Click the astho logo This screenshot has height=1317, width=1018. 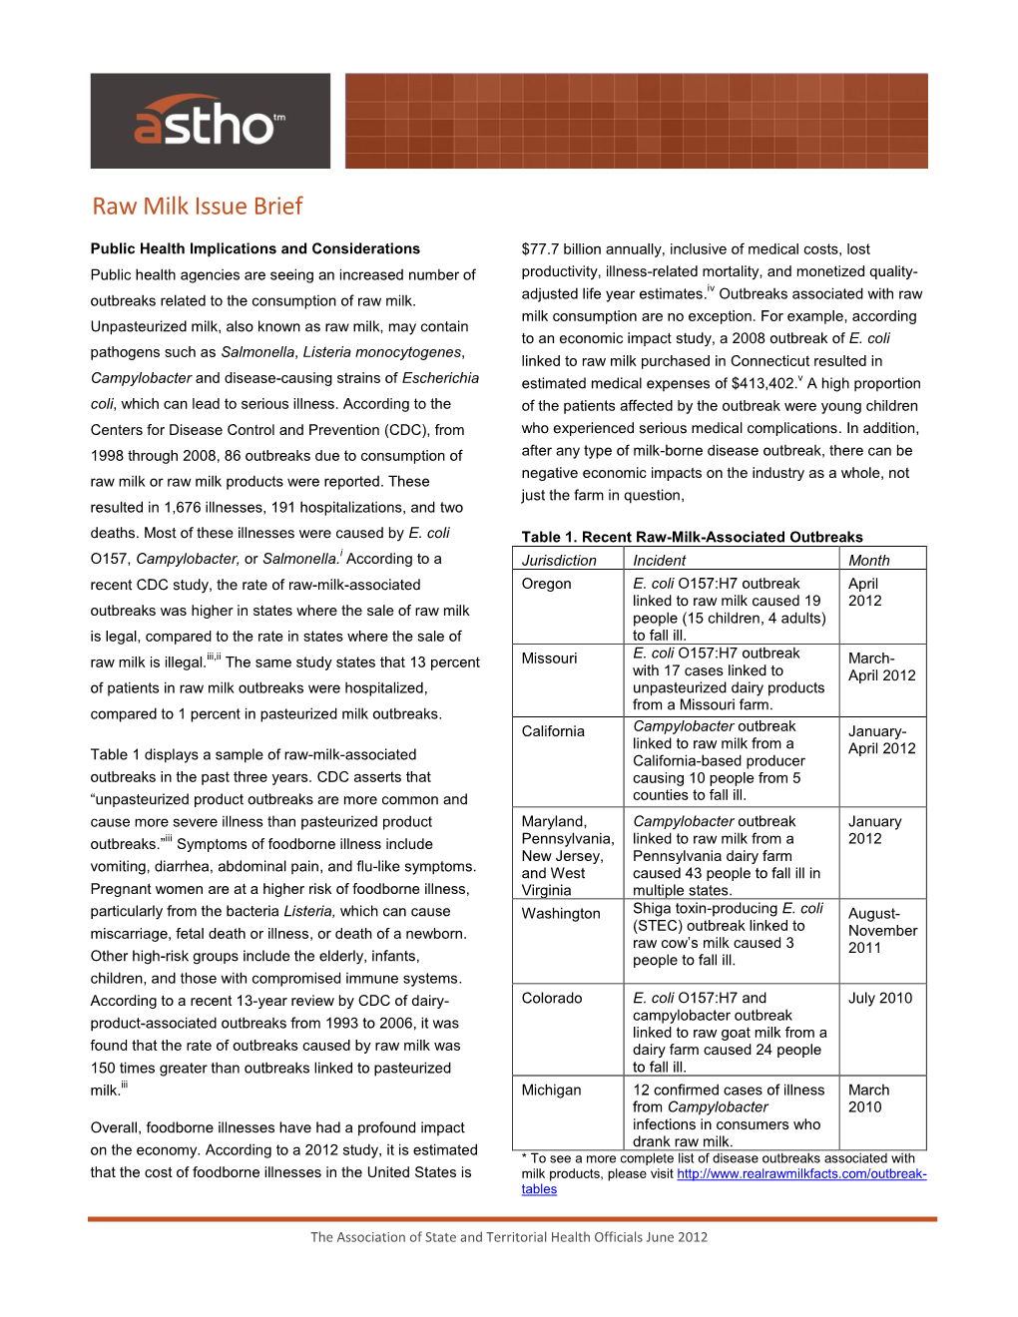210,122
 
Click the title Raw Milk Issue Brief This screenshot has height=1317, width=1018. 198,207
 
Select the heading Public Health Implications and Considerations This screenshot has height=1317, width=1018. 255,248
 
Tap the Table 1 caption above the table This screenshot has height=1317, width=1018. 692,537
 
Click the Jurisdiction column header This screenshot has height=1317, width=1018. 559,561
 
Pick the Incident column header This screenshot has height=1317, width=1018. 660,561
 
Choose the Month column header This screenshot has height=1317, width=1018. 869,561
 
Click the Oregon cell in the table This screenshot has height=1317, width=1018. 547,584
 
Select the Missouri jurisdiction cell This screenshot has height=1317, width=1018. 549,658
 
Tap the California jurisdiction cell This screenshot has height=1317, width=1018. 553,731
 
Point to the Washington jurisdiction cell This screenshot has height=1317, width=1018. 561,913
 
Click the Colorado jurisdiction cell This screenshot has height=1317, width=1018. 552,998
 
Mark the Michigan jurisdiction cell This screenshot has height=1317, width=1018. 551,1090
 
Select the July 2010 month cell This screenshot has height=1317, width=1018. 880,998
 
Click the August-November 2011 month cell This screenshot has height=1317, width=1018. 882,930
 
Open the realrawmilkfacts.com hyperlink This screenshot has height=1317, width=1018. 801,1174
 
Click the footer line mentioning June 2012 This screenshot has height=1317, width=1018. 509,1237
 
